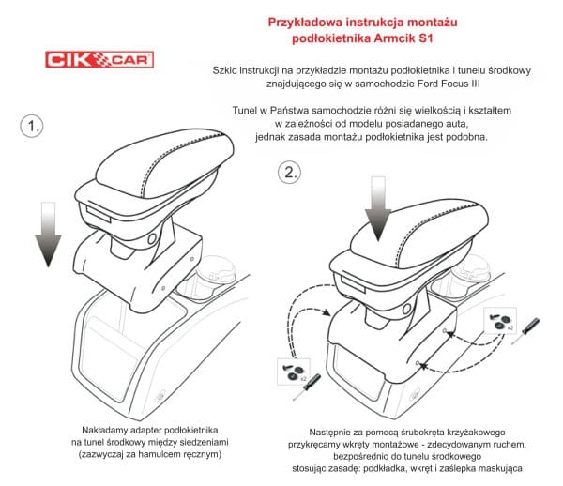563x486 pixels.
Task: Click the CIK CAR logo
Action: [x=99, y=59]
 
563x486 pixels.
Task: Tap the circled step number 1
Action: [x=32, y=126]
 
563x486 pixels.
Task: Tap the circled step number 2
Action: [x=289, y=173]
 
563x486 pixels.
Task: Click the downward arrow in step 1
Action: [x=48, y=235]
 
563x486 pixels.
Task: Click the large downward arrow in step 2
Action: [x=378, y=209]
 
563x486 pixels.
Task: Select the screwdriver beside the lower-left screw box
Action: [x=307, y=387]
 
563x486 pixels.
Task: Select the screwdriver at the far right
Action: [x=525, y=331]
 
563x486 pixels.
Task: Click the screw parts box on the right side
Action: [x=500, y=321]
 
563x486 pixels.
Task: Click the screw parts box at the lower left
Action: [x=294, y=372]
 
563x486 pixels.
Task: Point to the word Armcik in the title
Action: [x=394, y=38]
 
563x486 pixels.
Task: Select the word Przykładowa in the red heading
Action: [x=305, y=23]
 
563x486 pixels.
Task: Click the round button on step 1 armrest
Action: [x=151, y=238]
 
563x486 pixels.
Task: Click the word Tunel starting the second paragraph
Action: [x=244, y=110]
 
